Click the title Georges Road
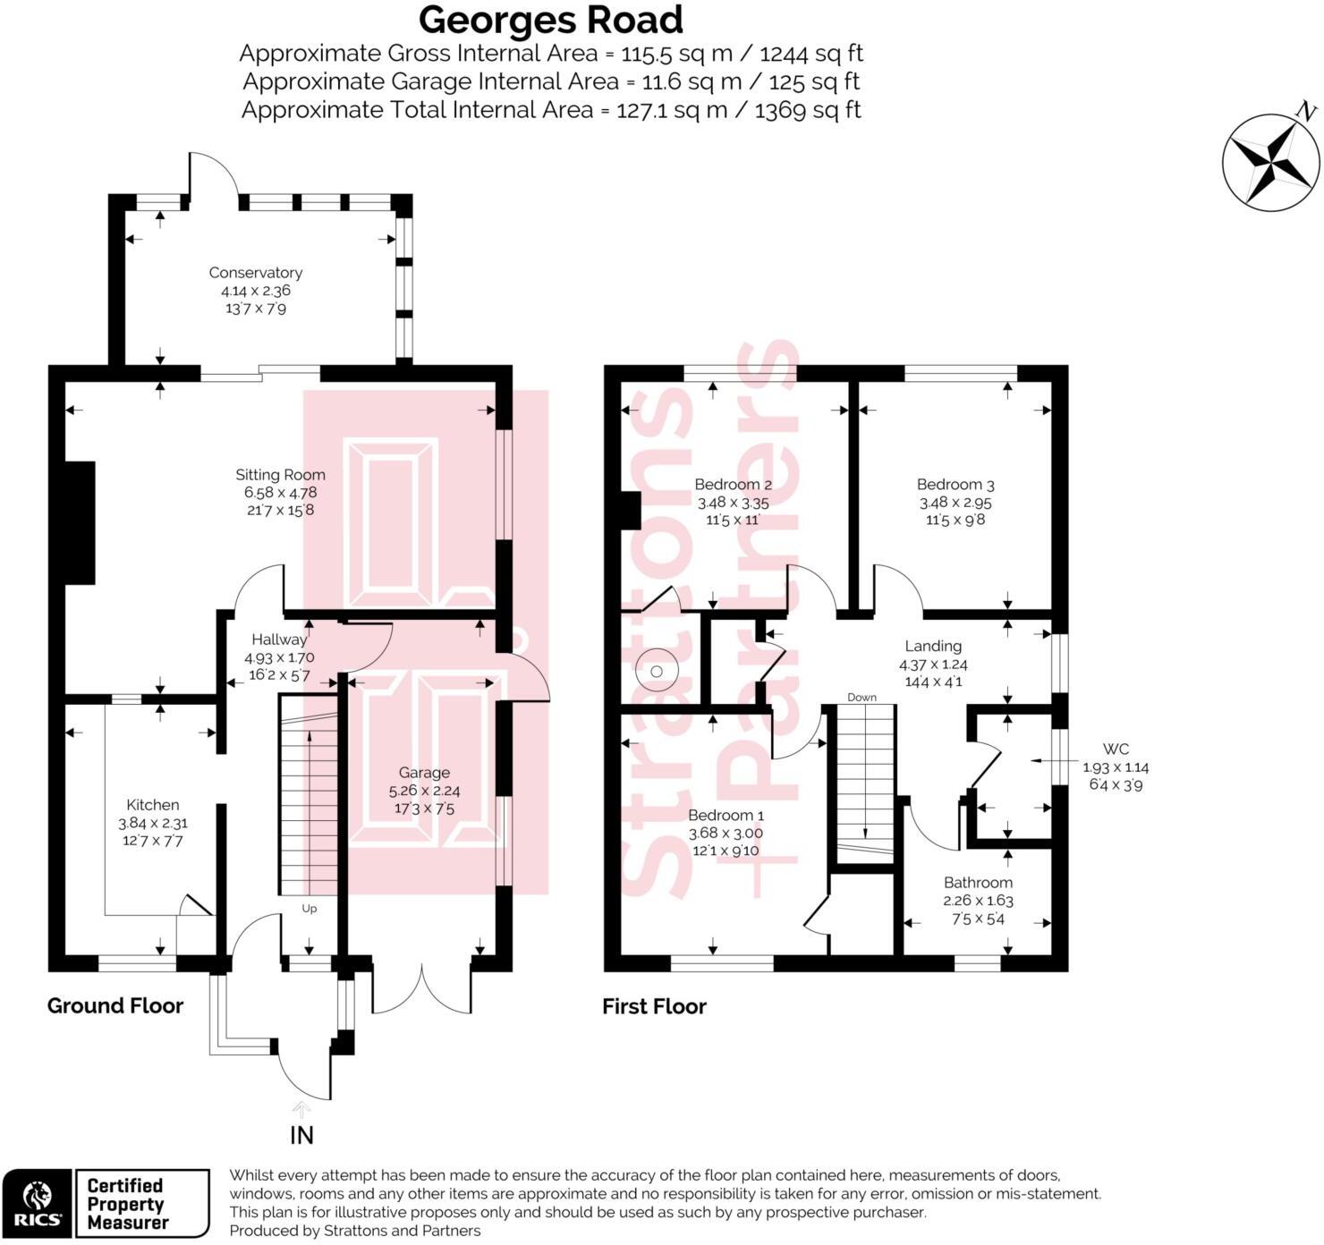[x=550, y=20]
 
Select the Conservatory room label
[x=255, y=273]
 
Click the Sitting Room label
[x=280, y=475]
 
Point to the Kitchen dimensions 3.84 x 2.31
[x=153, y=823]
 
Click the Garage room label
[x=424, y=773]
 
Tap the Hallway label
[x=278, y=639]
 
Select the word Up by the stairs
[x=310, y=909]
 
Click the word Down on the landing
[x=861, y=697]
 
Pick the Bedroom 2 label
[x=733, y=485]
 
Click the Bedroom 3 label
[x=955, y=485]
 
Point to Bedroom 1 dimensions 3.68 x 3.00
[x=726, y=833]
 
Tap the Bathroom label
[x=978, y=883]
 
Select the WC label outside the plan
[x=1116, y=750]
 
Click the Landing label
[x=933, y=646]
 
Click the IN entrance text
[x=302, y=1135]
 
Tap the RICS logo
[x=37, y=1204]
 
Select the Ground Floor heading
[x=115, y=1006]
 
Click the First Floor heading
[x=654, y=1007]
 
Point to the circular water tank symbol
[x=658, y=671]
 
